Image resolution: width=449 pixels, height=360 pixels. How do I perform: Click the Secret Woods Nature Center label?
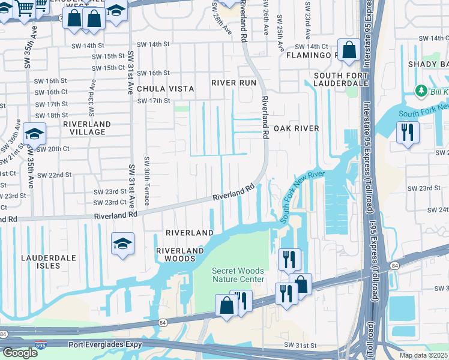click(238, 275)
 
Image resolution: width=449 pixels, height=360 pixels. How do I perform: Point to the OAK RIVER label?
click(296, 128)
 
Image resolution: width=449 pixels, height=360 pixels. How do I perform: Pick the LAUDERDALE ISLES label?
click(49, 261)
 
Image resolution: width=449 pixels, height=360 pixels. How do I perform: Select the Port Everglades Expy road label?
click(106, 344)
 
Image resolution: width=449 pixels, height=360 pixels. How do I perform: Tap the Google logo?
click(20, 352)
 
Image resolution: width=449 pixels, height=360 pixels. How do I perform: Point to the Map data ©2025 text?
click(423, 355)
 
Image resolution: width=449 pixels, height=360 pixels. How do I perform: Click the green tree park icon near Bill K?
click(421, 91)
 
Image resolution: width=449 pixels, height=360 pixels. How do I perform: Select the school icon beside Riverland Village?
click(34, 134)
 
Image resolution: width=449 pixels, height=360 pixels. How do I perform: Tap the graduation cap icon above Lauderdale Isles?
click(122, 244)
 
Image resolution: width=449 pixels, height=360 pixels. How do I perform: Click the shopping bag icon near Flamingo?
click(348, 50)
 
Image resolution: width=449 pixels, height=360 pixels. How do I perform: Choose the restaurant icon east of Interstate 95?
click(408, 132)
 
